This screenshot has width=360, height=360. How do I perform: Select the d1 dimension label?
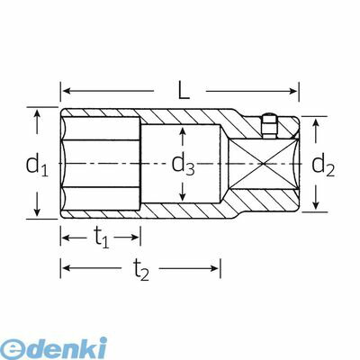[37, 166]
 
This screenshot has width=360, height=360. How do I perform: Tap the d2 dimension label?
[323, 166]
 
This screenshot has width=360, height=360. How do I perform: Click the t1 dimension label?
[101, 238]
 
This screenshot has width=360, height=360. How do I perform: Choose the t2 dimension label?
[140, 269]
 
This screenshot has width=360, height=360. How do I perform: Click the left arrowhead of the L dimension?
[67, 91]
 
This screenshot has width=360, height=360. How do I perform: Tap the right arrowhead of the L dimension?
[293, 91]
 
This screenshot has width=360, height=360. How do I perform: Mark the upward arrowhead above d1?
[37, 114]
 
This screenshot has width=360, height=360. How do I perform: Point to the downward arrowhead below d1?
[37, 211]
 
